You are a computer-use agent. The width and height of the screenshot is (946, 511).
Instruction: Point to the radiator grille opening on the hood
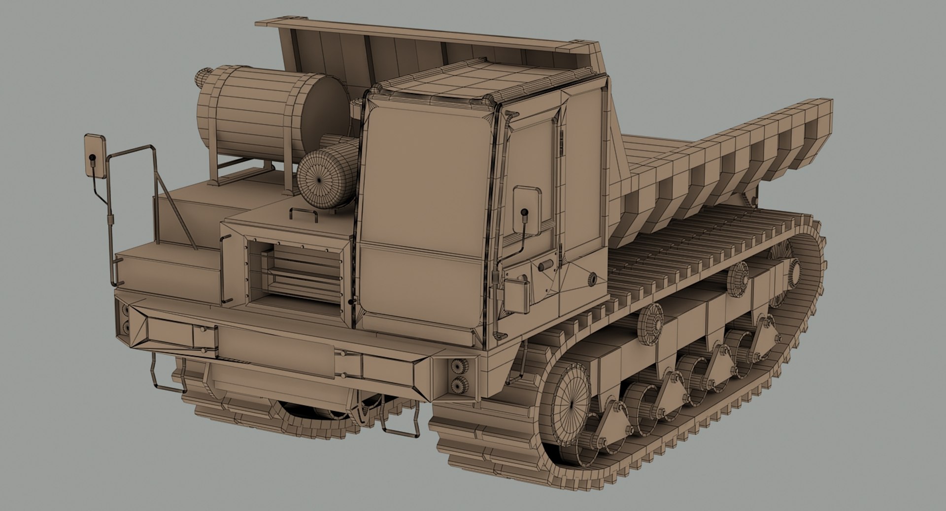click(296, 271)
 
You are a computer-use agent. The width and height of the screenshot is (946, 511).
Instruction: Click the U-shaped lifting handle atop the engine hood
click(304, 215)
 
